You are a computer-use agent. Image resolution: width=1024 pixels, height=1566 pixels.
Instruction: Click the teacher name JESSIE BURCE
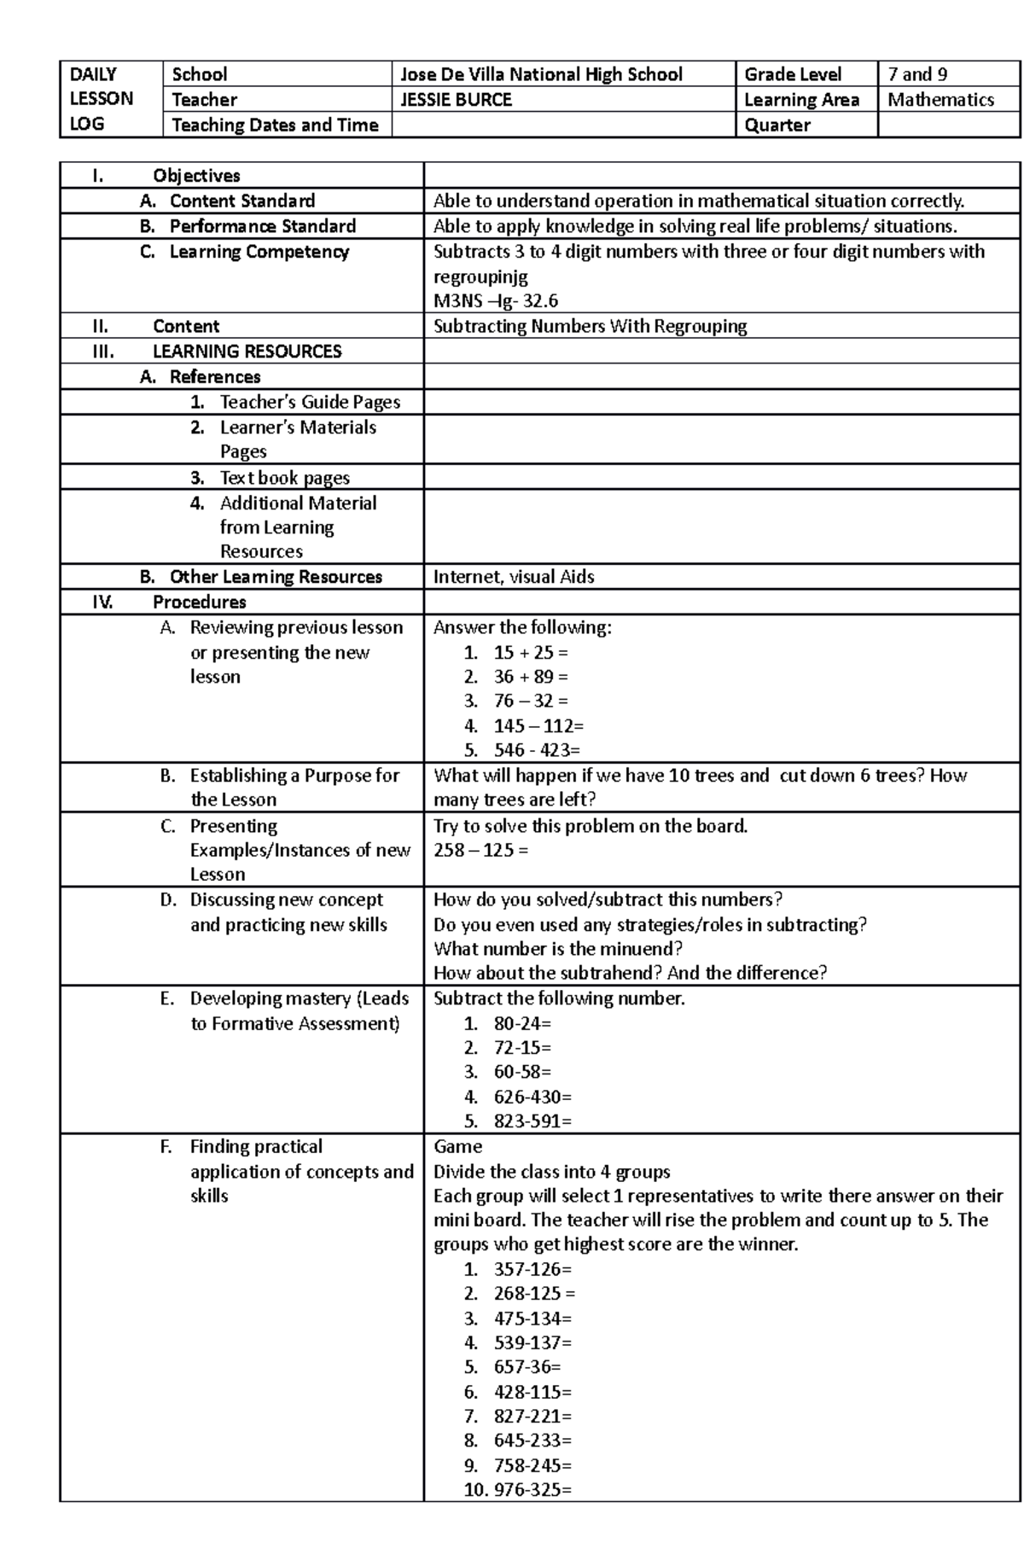457,100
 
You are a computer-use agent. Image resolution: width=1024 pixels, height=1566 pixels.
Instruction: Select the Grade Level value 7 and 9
917,74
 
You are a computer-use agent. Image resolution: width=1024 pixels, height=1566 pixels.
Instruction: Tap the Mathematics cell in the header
940,100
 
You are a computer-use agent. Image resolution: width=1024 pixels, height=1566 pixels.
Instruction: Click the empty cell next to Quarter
948,125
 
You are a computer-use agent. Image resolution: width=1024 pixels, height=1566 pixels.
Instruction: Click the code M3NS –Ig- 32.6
495,301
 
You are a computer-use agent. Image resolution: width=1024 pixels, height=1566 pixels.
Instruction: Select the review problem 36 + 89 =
530,677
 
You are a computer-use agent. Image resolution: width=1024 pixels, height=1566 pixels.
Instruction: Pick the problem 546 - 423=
536,751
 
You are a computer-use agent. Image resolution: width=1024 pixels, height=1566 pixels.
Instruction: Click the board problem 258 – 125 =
480,851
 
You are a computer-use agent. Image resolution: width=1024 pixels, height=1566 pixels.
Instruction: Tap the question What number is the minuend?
558,949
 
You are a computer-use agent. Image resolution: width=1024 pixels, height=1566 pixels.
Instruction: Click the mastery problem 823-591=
532,1121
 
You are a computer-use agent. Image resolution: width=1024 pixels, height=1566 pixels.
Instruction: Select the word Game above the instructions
457,1147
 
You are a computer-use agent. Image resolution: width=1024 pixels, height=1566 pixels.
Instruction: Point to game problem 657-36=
527,1367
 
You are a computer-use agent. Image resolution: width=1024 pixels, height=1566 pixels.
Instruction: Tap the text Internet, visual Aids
514,577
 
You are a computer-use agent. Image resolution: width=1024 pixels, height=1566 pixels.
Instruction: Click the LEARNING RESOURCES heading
247,352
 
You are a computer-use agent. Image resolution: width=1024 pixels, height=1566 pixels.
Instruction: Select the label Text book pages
284,478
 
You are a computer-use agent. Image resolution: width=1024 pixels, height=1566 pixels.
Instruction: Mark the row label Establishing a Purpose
294,776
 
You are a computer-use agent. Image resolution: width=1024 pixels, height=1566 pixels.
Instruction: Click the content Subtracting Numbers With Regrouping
590,327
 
